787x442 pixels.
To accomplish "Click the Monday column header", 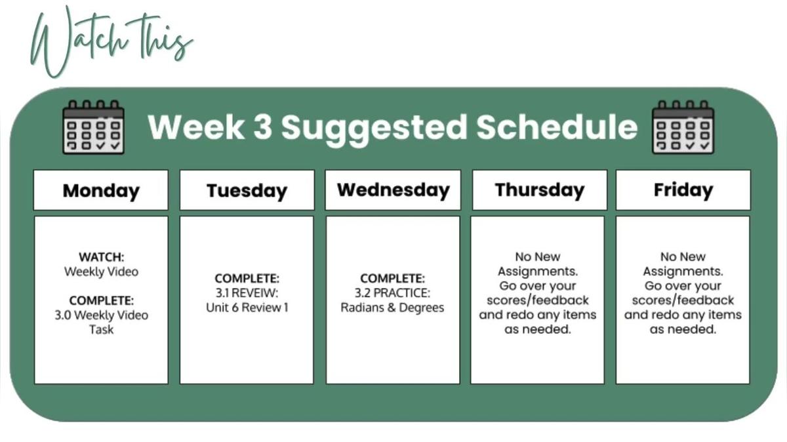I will [x=101, y=190].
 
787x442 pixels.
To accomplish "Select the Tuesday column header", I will [x=247, y=190].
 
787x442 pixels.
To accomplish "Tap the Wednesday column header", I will [x=393, y=190].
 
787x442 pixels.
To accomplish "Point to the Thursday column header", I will [x=539, y=190].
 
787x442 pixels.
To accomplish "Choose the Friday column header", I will [x=683, y=190].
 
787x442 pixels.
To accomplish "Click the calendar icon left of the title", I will [x=93, y=127].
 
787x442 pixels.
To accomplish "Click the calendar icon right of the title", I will [x=683, y=127].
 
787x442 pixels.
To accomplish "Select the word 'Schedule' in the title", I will [x=557, y=127].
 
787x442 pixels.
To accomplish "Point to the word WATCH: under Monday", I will [x=101, y=257].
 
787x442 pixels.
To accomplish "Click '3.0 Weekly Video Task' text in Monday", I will [x=101, y=322].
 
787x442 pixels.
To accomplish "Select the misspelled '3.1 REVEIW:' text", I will [x=247, y=293].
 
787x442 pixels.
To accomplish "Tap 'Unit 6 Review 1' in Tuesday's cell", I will [x=247, y=308].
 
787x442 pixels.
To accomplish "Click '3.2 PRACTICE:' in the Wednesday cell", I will [x=392, y=293].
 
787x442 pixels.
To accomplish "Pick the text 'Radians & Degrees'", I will [x=392, y=308].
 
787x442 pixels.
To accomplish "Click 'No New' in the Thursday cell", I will [x=538, y=257].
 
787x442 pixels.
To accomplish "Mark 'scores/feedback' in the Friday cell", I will [x=683, y=300].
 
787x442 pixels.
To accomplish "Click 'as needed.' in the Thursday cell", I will [x=538, y=330].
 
